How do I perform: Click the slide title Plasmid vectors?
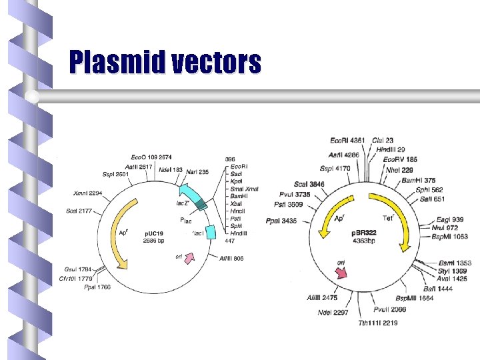click(x=165, y=63)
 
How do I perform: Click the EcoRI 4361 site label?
click(x=347, y=140)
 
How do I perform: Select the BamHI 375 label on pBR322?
click(x=419, y=180)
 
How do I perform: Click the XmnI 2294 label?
click(x=87, y=193)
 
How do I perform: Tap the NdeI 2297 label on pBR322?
click(x=333, y=313)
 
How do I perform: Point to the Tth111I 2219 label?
click(x=378, y=323)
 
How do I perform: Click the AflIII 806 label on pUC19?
click(x=232, y=258)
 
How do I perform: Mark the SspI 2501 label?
click(x=116, y=174)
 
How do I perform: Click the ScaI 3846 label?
click(x=308, y=185)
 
